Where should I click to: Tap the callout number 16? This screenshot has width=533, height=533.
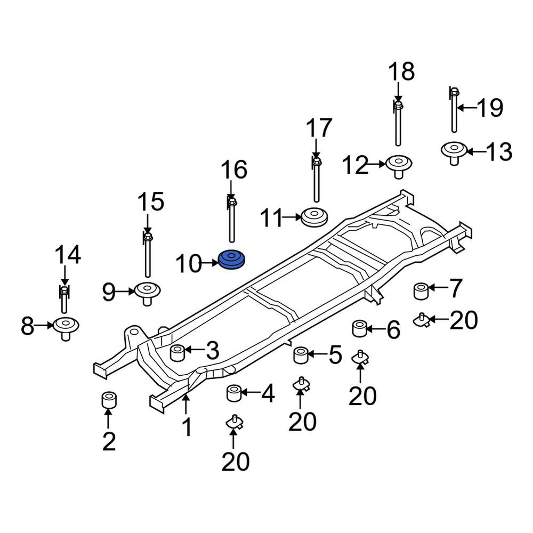pos(234,169)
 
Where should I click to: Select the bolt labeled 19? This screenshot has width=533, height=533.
pos(455,109)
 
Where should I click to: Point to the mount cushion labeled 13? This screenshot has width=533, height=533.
pos(454,153)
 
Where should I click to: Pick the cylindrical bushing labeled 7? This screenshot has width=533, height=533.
pos(421,291)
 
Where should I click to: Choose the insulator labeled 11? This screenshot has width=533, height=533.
pos(315,217)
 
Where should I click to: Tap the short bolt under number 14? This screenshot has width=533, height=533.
pos(64,299)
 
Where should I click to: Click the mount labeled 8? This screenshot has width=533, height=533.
pos(66,328)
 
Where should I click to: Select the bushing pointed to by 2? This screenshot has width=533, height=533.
pos(109,400)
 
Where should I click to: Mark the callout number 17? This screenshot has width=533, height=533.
pos(319,128)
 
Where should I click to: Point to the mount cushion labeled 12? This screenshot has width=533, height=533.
pos(399,166)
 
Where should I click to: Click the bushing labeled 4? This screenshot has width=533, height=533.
pos(234,393)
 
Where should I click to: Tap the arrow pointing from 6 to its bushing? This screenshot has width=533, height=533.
pos(375,329)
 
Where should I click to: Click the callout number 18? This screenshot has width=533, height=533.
pos(401,72)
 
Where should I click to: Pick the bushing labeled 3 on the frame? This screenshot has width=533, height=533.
pos(177,353)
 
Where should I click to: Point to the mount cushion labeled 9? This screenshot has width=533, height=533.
pos(147,293)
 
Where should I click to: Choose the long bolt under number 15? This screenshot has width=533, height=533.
pos(148,254)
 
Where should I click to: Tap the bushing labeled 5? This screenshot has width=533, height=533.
pos(301,355)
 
